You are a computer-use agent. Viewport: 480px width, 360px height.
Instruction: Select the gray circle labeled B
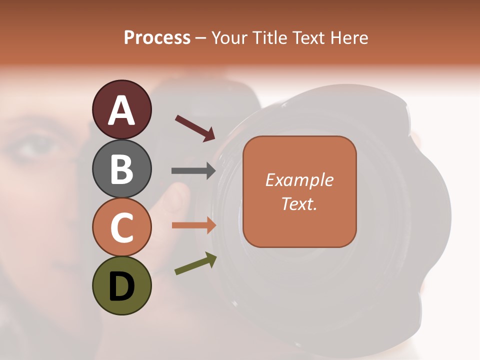pyautogui.click(x=121, y=168)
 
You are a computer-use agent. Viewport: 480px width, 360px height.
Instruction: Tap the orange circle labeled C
pyautogui.click(x=121, y=227)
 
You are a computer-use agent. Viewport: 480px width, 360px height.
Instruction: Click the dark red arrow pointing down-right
pyautogui.click(x=194, y=128)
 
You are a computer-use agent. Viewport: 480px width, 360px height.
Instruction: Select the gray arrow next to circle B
pyautogui.click(x=193, y=171)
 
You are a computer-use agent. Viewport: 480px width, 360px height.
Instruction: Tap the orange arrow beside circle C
pyautogui.click(x=193, y=225)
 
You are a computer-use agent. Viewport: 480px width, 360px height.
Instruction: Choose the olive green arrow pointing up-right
pyautogui.click(x=195, y=264)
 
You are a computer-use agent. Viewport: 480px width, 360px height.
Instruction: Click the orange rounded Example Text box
pyautogui.click(x=299, y=191)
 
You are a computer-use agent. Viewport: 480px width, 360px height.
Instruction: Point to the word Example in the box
pyautogui.click(x=299, y=180)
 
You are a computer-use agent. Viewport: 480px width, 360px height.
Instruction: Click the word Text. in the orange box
pyautogui.click(x=299, y=204)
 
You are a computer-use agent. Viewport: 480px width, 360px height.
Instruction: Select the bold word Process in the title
pyautogui.click(x=157, y=37)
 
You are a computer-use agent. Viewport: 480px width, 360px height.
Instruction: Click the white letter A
pyautogui.click(x=121, y=110)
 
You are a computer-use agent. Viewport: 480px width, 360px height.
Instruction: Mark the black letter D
pyautogui.click(x=121, y=287)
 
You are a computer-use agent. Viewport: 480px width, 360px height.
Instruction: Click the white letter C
pyautogui.click(x=121, y=227)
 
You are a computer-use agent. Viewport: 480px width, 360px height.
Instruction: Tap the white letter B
pyautogui.click(x=121, y=169)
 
